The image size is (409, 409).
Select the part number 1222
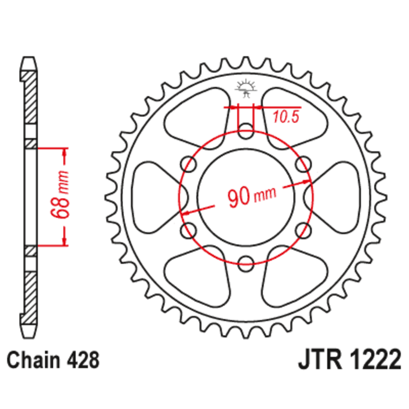(x=372, y=361)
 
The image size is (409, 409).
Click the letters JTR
(x=319, y=361)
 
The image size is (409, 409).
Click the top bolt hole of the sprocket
(x=245, y=128)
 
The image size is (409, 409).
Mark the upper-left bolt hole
(x=188, y=163)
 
